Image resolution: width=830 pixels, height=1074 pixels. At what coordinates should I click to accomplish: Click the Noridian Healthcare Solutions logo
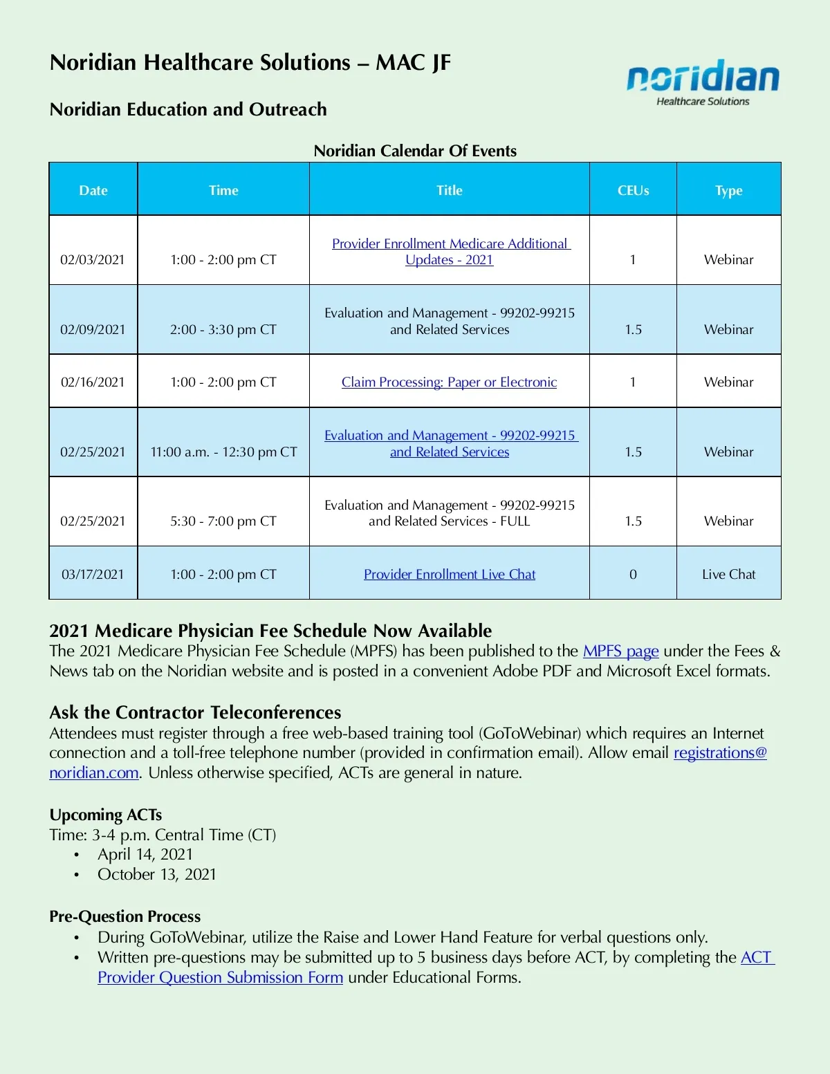(702, 82)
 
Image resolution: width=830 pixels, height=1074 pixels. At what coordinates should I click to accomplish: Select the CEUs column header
(633, 190)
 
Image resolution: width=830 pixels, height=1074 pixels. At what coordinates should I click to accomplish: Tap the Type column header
(728, 190)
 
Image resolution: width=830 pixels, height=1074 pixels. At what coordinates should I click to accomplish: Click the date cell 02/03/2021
(93, 260)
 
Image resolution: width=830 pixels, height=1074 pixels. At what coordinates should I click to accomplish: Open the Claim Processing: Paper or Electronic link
(449, 382)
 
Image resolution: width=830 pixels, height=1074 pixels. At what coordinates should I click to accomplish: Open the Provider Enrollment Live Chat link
(450, 575)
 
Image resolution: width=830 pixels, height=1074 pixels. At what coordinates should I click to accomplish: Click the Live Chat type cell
(728, 575)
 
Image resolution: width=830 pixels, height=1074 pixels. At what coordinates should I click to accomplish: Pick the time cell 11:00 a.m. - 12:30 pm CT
(223, 452)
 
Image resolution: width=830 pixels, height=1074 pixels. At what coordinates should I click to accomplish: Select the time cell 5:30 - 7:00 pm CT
(223, 521)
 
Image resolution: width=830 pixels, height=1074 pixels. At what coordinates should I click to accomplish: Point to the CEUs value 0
(633, 575)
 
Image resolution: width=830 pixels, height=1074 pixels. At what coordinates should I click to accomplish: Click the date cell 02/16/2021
(93, 382)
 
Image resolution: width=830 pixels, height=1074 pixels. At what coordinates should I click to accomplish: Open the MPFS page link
(620, 651)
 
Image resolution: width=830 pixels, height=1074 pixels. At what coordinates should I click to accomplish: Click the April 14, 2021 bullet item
(145, 855)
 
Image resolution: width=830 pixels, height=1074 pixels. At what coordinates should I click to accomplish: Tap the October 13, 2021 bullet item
(157, 875)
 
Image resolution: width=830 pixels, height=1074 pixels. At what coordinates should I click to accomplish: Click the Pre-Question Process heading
(125, 916)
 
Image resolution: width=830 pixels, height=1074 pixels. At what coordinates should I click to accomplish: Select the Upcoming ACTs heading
(106, 815)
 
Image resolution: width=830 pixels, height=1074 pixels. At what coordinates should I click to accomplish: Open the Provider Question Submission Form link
(220, 978)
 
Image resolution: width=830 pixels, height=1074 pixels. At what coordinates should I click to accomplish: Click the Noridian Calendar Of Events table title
(415, 151)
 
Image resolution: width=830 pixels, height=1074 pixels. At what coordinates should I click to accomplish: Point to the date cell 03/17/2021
(93, 575)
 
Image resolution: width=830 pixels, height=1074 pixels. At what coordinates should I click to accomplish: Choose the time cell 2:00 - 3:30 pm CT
(223, 330)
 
